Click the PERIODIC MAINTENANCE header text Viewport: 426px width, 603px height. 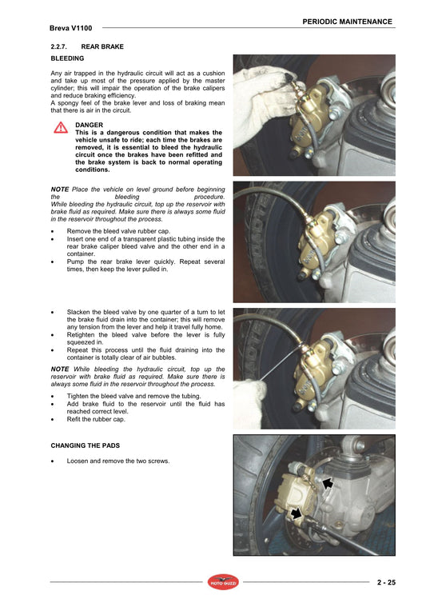coord(347,22)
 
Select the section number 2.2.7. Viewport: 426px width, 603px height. coord(62,47)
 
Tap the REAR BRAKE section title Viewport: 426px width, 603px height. coord(102,47)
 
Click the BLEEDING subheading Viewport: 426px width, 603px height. coord(67,58)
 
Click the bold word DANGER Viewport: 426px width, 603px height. coord(89,126)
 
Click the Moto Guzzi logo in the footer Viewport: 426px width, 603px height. coord(223,582)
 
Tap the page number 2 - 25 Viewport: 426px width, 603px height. coord(387,583)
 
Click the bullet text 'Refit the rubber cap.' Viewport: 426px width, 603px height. coord(96,419)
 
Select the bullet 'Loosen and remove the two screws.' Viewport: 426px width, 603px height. coord(117,461)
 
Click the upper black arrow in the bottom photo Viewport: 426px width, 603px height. coord(328,483)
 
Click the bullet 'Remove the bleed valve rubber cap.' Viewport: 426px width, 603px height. coord(118,230)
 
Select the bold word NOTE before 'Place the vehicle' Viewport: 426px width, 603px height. coord(59,189)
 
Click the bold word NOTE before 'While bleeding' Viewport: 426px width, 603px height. coord(59,369)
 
